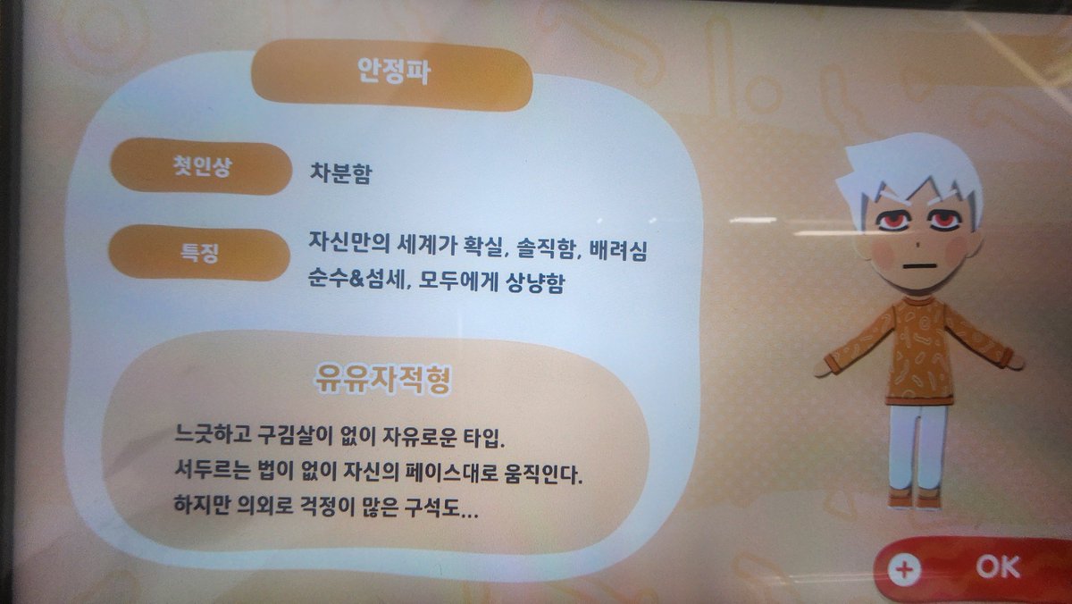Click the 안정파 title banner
pyautogui.click(x=392, y=74)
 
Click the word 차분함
pyautogui.click(x=340, y=172)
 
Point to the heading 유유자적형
pyautogui.click(x=382, y=379)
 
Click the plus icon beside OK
pyautogui.click(x=905, y=569)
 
